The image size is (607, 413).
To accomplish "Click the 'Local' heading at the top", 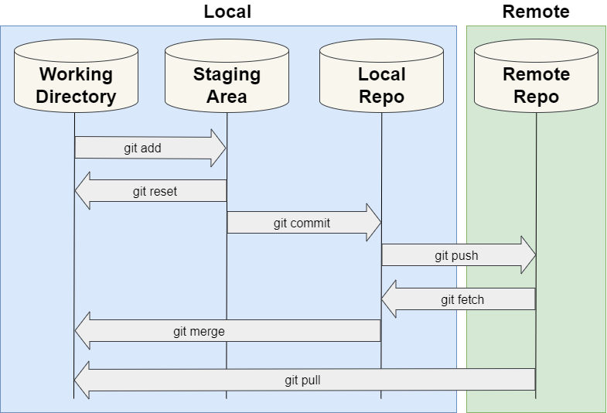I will [x=227, y=12].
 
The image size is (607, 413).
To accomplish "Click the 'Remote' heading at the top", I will [x=535, y=12].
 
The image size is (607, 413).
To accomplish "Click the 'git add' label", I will [x=142, y=148].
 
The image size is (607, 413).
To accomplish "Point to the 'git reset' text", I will [x=155, y=191].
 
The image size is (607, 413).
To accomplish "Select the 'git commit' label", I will [x=302, y=224].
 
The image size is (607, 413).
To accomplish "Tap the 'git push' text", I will [x=456, y=255].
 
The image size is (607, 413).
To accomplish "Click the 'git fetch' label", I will [x=462, y=299].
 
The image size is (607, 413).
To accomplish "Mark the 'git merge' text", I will [x=199, y=331].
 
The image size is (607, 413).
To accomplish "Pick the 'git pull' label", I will [x=302, y=380].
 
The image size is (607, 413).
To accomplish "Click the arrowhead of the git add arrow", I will [x=218, y=148].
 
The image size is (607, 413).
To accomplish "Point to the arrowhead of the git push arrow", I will [x=527, y=255].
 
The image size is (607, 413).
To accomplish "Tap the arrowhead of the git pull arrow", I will [x=83, y=380].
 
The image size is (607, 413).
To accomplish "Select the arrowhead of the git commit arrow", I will [x=373, y=224].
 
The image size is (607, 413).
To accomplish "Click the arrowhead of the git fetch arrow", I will [x=390, y=299].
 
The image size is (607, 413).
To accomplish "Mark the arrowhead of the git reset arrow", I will [x=83, y=191].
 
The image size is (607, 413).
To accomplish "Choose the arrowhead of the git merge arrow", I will [x=83, y=331].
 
